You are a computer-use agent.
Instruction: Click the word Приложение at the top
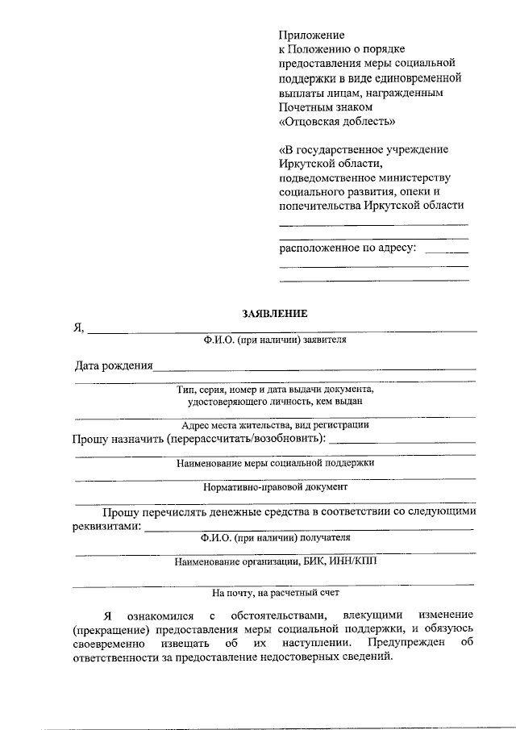[311, 35]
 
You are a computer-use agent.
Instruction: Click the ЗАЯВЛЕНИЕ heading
[275, 313]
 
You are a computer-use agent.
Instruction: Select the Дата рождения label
[114, 365]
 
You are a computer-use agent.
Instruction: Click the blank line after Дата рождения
[314, 368]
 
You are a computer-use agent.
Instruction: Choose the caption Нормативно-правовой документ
[275, 487]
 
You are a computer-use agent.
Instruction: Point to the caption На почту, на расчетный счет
[275, 593]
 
